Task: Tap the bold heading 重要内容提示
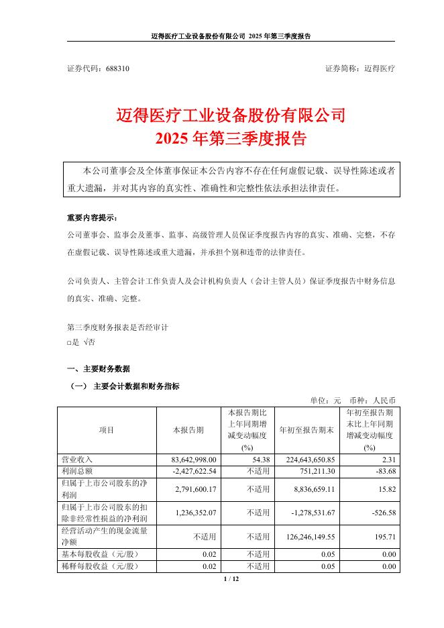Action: [91, 219]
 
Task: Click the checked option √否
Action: [88, 343]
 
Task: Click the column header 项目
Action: [107, 430]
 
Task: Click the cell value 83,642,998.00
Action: [194, 460]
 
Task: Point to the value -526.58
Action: [379, 513]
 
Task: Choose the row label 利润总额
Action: [76, 472]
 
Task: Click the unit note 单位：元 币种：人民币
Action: [362, 399]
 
